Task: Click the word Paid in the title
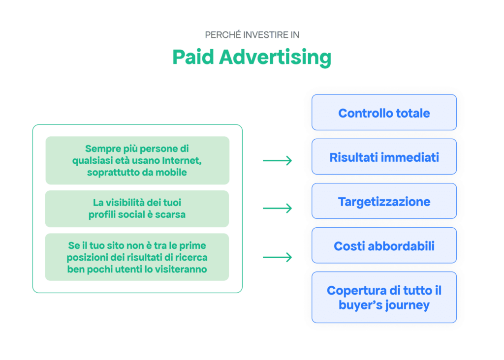tap(193, 58)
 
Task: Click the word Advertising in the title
tap(275, 58)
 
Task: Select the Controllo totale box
tap(384, 113)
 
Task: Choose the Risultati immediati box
tap(384, 157)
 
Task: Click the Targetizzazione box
tap(384, 202)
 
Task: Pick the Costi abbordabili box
tap(384, 246)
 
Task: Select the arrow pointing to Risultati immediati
tap(277, 160)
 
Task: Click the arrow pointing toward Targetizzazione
tap(277, 209)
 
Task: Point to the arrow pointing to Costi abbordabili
tap(277, 257)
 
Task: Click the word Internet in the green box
tap(184, 160)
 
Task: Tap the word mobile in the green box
tap(172, 172)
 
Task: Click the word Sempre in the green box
tap(101, 148)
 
